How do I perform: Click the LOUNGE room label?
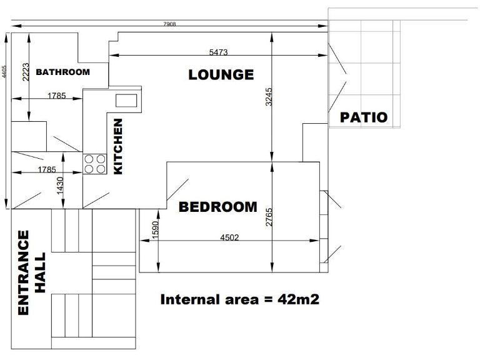click(221, 75)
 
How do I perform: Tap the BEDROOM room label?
click(218, 207)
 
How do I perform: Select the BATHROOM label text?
click(62, 72)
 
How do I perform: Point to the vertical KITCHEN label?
click(118, 146)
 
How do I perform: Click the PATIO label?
click(364, 117)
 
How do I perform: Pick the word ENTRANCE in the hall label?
click(23, 272)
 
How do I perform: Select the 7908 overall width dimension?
click(169, 24)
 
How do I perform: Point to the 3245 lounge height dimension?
click(269, 97)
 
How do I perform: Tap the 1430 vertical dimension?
click(61, 186)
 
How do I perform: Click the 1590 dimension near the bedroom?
click(156, 229)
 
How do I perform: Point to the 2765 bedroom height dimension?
click(269, 216)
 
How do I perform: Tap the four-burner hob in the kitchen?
click(94, 164)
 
